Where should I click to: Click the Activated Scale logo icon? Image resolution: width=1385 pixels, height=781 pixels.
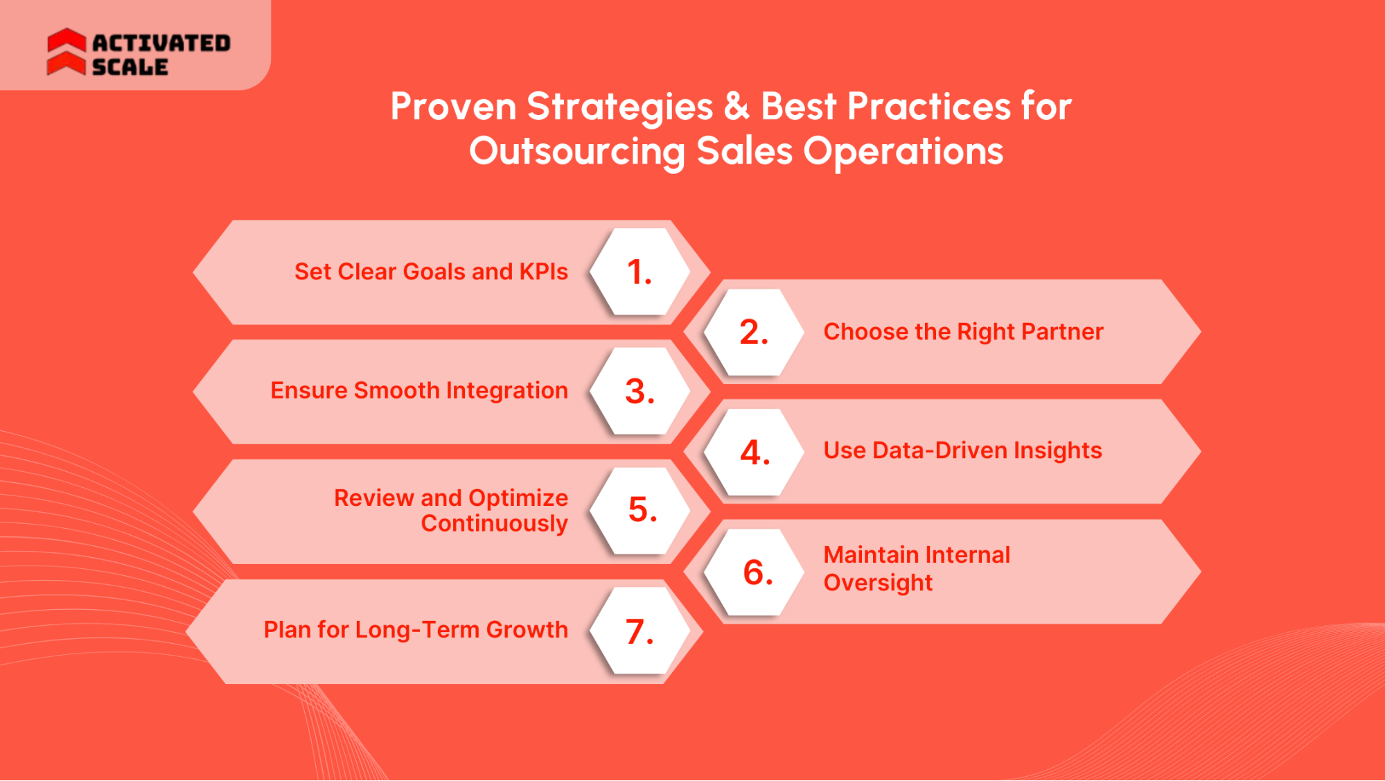(x=67, y=52)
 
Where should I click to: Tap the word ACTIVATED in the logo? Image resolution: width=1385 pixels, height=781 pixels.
(x=161, y=43)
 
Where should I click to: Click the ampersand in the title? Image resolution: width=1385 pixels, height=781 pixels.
(x=736, y=107)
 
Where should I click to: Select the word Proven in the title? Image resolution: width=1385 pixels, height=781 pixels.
(x=453, y=107)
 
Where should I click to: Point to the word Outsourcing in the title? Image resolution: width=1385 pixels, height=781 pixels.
(x=576, y=152)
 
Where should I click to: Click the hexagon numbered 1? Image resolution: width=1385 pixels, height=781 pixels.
(x=639, y=272)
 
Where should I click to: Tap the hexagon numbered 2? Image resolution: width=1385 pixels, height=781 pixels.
(x=754, y=332)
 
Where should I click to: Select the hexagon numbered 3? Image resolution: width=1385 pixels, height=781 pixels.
(x=639, y=392)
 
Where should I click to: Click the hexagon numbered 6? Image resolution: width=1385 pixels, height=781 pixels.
(x=757, y=572)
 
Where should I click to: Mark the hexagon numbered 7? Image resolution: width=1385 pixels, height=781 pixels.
(x=639, y=631)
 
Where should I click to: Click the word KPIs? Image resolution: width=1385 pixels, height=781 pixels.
(x=544, y=272)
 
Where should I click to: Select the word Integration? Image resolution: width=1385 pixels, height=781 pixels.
(x=506, y=391)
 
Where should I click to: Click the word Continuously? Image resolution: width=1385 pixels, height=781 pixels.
(x=494, y=523)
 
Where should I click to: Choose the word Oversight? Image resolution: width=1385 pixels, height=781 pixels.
(x=878, y=583)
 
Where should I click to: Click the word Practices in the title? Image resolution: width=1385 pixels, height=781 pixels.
(x=928, y=107)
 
